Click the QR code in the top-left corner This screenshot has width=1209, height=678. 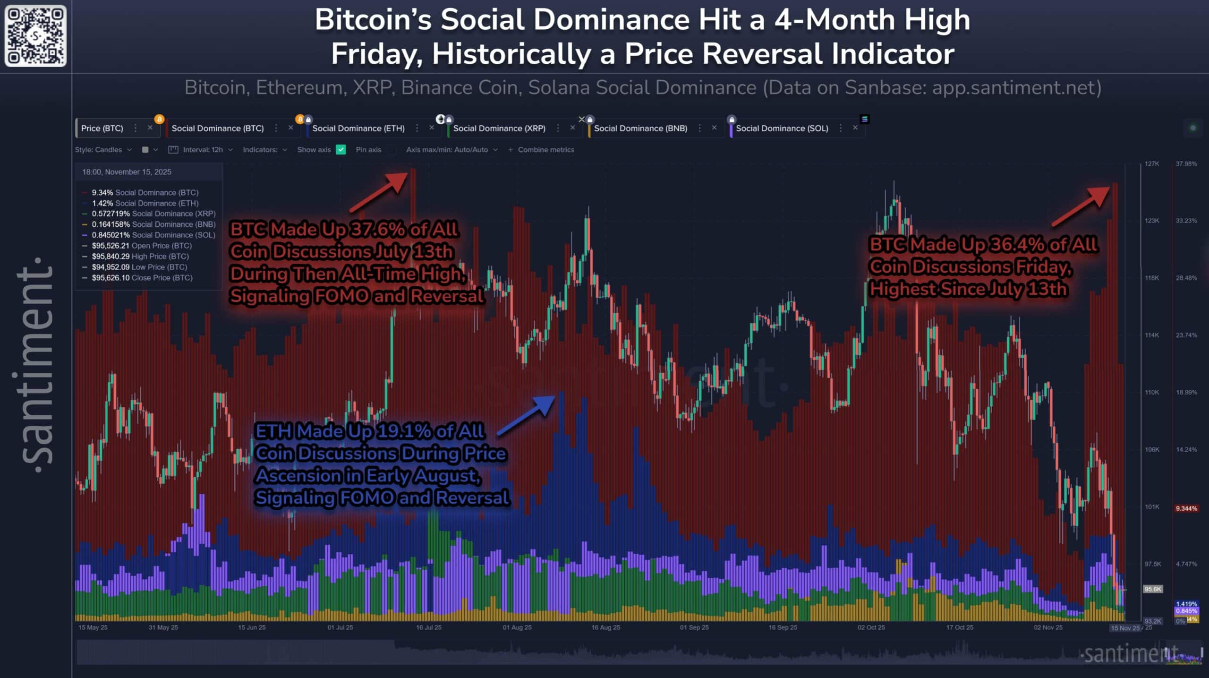pyautogui.click(x=35, y=36)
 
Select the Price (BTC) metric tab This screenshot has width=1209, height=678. pyautogui.click(x=102, y=128)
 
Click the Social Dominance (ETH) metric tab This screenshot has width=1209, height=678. pyautogui.click(x=358, y=128)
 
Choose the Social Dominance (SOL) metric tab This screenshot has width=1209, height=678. pyautogui.click(x=782, y=128)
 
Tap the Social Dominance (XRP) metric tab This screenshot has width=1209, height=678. pyautogui.click(x=499, y=128)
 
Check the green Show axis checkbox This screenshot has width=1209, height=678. pyautogui.click(x=341, y=150)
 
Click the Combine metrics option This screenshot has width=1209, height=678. pyautogui.click(x=545, y=150)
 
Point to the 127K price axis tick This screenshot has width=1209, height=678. pyautogui.click(x=1151, y=164)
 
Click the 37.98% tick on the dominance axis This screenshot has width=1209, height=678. pyautogui.click(x=1186, y=164)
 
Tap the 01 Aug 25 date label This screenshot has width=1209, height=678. pyautogui.click(x=517, y=627)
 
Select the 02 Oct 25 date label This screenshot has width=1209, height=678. pyautogui.click(x=871, y=627)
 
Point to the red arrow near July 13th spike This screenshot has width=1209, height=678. pyautogui.click(x=379, y=192)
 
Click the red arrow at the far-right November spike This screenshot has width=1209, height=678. pyautogui.click(x=1081, y=206)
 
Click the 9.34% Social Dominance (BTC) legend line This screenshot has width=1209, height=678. pyautogui.click(x=145, y=192)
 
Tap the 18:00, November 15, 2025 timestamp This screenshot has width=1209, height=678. pyautogui.click(x=127, y=172)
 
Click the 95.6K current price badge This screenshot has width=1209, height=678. pyautogui.click(x=1152, y=589)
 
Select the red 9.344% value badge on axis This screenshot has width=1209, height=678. pyautogui.click(x=1186, y=508)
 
